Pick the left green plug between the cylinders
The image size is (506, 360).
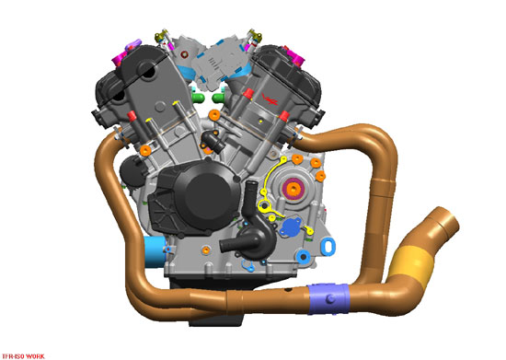point(197,95)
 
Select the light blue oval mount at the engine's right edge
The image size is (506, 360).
point(328,242)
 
